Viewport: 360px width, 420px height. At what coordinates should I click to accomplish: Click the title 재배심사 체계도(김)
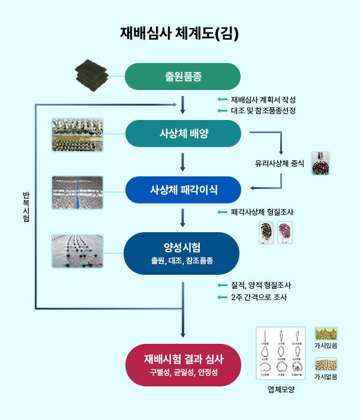coord(179,33)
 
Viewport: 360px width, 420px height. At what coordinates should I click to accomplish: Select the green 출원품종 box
coord(183,76)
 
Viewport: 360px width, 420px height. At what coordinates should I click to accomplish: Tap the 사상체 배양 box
coord(183,133)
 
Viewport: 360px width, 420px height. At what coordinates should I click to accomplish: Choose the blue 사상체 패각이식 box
coord(183,190)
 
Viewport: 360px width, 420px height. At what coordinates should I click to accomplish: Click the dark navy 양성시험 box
coord(183,253)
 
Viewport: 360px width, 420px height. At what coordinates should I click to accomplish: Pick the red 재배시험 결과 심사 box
coord(183,364)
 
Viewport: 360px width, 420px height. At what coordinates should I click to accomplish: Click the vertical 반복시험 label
coord(25,206)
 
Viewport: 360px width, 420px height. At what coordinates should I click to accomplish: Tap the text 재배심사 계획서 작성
coord(263,100)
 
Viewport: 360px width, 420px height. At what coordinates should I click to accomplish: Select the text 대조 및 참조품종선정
coord(263,111)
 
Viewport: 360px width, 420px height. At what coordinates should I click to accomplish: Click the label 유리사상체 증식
coord(280,163)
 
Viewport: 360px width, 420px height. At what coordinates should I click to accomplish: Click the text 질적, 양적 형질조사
coord(261,286)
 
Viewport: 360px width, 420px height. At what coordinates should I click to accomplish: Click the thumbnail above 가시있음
coord(326,334)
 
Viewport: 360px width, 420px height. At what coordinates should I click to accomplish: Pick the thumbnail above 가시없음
coord(326,365)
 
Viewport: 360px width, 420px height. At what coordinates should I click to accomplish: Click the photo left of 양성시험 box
coord(77,251)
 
